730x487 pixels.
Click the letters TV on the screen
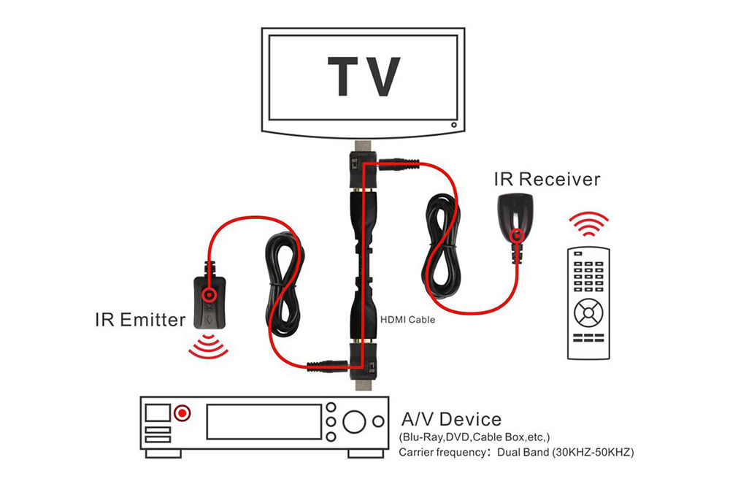tap(364, 77)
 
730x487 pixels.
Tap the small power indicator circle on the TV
tap(453, 125)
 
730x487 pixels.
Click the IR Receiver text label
tap(547, 179)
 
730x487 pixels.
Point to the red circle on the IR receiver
tap(516, 236)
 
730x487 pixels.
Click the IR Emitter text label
tap(140, 320)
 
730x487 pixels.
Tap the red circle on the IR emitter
tap(209, 294)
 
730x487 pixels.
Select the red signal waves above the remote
tap(588, 223)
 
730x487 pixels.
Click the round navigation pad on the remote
tap(588, 313)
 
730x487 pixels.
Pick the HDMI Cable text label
tap(408, 320)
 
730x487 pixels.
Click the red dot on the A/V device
tap(182, 413)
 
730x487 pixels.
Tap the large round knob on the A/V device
tap(354, 421)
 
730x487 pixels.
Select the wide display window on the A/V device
tap(264, 421)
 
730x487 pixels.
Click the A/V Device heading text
tap(451, 420)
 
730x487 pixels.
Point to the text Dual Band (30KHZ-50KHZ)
tap(565, 452)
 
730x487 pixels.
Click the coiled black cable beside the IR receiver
tap(442, 246)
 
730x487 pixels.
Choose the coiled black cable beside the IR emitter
tap(285, 284)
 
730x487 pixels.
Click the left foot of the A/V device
tap(163, 453)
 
